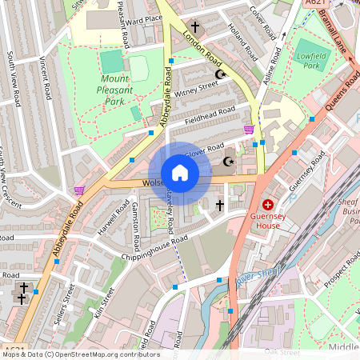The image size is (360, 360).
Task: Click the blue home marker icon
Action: tap(180, 173)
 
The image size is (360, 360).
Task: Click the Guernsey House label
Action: tap(265, 221)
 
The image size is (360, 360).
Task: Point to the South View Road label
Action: tap(14, 77)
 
